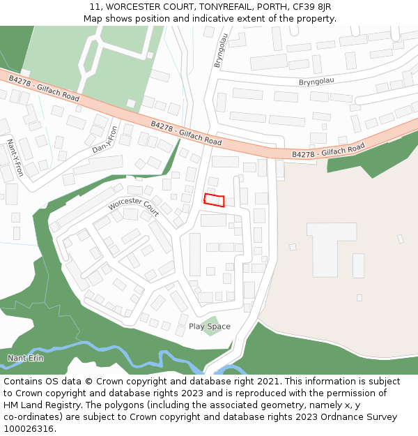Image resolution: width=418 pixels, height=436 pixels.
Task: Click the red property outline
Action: click(215, 200)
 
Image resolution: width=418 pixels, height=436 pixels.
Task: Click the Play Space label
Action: click(209, 326)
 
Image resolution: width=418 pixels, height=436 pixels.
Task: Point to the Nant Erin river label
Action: click(25, 358)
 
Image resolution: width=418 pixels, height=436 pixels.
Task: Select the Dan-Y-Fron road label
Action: click(105, 140)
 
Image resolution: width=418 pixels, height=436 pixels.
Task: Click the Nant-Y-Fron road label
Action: click(15, 157)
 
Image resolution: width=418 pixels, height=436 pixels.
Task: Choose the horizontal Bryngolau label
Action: click(316, 81)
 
